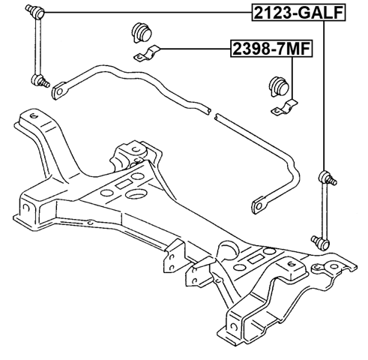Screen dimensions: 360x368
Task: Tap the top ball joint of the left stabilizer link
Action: point(34,10)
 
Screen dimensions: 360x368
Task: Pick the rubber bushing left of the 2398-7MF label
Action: point(139,31)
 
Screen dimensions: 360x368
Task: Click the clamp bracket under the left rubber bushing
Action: point(147,55)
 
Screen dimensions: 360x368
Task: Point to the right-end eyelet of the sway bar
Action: point(261,201)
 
